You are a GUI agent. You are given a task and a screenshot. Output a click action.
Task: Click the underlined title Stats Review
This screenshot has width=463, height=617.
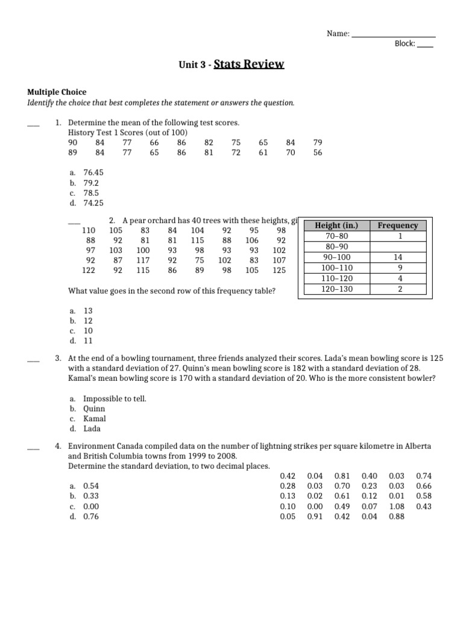[248, 64]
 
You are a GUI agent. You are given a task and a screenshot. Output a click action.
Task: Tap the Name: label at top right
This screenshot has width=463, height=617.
[338, 34]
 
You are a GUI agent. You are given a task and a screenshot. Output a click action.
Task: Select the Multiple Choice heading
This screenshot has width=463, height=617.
[57, 92]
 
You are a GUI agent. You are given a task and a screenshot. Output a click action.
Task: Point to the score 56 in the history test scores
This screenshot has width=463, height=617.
[318, 153]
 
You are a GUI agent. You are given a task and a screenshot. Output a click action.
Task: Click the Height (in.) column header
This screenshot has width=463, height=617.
[336, 225]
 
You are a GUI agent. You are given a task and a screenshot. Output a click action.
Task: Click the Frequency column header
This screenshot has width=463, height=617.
[397, 225]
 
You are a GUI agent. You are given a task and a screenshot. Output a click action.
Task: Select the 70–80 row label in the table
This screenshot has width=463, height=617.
[336, 236]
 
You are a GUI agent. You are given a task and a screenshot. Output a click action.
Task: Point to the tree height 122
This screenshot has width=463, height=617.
[89, 271]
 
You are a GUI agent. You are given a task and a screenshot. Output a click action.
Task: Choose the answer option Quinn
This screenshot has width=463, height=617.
[94, 409]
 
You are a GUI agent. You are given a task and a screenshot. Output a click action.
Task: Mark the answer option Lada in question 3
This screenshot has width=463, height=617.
[92, 429]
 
